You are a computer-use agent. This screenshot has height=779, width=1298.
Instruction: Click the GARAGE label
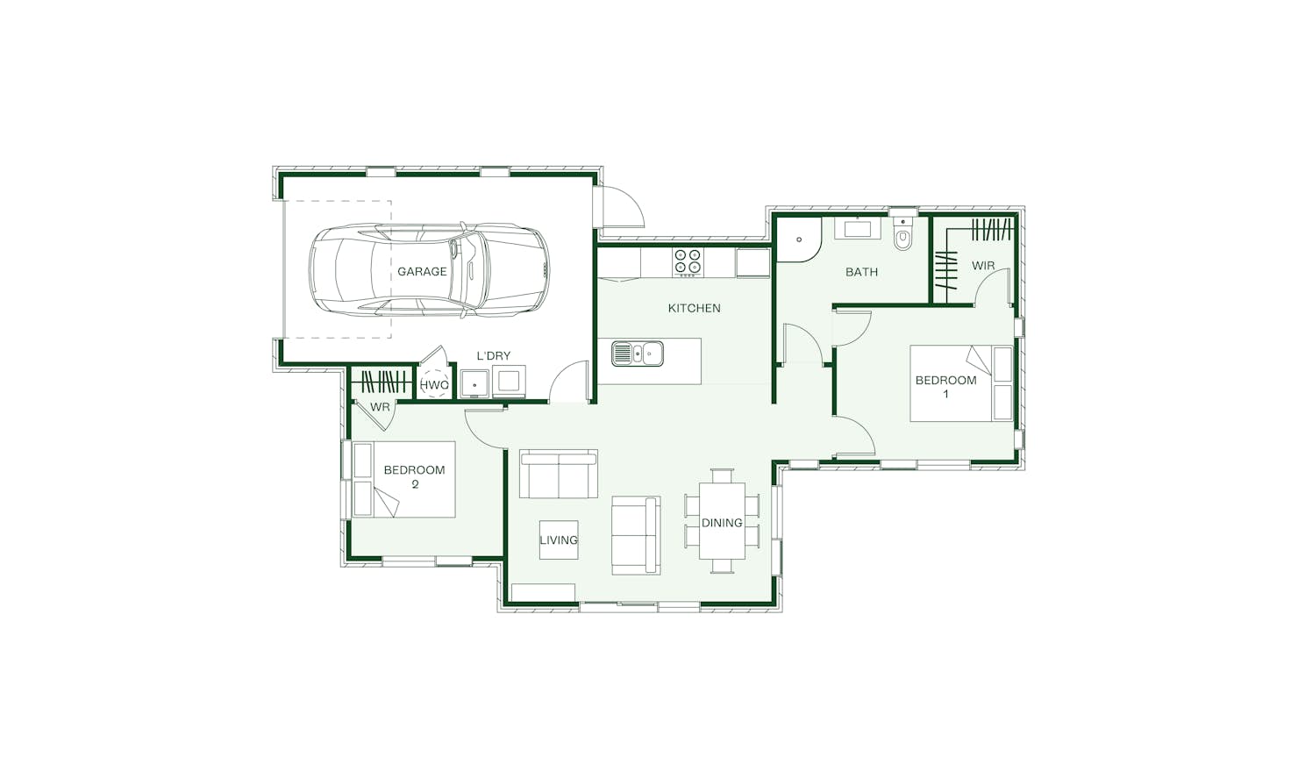pyautogui.click(x=422, y=271)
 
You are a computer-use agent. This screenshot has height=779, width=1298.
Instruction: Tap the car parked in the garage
pyautogui.click(x=430, y=270)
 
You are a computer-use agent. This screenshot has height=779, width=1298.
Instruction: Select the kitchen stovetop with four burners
pyautogui.click(x=688, y=262)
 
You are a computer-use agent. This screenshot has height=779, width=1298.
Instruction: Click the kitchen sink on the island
pyautogui.click(x=638, y=354)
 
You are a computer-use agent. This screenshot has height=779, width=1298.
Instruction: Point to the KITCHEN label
pyautogui.click(x=695, y=309)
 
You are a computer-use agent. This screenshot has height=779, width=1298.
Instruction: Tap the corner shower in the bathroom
pyautogui.click(x=798, y=239)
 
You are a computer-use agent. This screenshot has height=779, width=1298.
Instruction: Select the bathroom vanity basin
pyautogui.click(x=859, y=228)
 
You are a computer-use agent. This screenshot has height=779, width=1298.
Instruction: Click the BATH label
pyautogui.click(x=861, y=272)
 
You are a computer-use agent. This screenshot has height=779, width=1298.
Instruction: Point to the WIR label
pyautogui.click(x=983, y=266)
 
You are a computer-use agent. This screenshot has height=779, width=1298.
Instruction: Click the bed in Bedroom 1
pyautogui.click(x=961, y=383)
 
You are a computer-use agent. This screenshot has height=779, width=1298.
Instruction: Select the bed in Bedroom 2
pyautogui.click(x=404, y=479)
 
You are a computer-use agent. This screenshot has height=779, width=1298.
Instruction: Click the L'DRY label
pyautogui.click(x=493, y=356)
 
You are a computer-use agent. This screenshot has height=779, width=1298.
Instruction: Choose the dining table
pyautogui.click(x=722, y=520)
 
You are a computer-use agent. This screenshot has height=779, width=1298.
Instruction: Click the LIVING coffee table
pyautogui.click(x=559, y=540)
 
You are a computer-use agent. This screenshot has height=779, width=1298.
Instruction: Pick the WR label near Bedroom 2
pyautogui.click(x=380, y=407)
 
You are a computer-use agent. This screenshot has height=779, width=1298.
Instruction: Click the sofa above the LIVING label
pyautogui.click(x=559, y=474)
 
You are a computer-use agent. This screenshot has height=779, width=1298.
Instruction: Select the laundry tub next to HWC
pyautogui.click(x=474, y=383)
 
